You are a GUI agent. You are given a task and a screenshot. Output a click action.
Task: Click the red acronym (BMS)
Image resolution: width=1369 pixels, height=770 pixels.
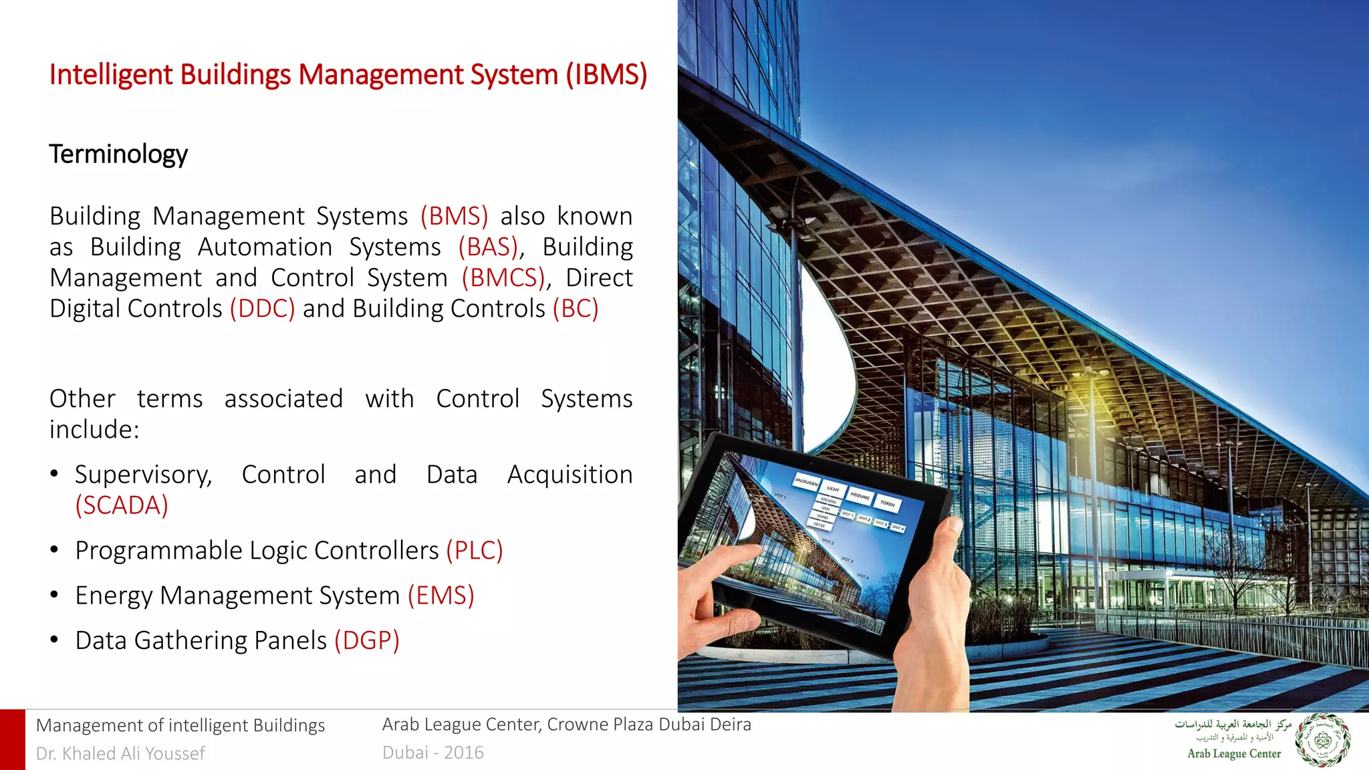[454, 217]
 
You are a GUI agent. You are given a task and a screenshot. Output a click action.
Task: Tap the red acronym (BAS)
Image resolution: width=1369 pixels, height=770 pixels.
[489, 247]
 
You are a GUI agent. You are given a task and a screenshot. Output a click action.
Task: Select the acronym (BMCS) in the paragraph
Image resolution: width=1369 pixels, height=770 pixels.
[504, 278]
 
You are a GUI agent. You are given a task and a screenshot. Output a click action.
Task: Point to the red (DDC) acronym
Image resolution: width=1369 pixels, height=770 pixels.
[262, 309]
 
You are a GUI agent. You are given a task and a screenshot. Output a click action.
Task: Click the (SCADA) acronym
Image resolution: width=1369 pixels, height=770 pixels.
[122, 505]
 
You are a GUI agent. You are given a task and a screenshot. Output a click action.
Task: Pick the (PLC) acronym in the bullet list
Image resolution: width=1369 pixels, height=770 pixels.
[474, 551]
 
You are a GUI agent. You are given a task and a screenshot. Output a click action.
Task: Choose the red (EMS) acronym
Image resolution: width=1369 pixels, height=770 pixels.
[441, 596]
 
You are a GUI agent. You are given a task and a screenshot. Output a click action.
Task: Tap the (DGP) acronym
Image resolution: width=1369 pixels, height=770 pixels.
[366, 640]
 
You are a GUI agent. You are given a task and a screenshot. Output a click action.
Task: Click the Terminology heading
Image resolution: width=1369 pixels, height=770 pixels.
[118, 154]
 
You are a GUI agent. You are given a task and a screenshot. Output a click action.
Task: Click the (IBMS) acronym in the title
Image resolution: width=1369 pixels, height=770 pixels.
[606, 75]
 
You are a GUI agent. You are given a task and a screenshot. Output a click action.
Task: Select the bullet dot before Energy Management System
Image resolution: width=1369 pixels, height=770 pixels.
[55, 595]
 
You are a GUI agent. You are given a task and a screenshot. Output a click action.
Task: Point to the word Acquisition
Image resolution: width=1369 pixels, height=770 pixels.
[570, 475]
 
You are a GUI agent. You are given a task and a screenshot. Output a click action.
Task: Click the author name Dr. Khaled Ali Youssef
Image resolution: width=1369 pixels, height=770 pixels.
[120, 753]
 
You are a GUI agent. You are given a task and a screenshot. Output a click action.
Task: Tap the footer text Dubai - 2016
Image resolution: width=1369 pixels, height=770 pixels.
[432, 753]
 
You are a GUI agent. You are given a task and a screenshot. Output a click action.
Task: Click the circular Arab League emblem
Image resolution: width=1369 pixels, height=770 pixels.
[1322, 741]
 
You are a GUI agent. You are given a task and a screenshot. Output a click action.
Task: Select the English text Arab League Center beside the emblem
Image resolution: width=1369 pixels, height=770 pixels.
[1234, 754]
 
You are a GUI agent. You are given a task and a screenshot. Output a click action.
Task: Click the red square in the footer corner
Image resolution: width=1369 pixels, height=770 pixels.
[12, 739]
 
